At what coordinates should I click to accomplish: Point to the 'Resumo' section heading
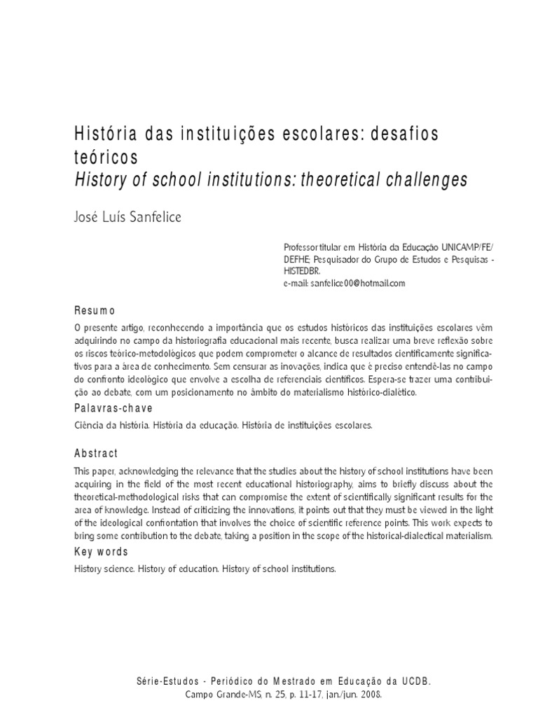pos(95,310)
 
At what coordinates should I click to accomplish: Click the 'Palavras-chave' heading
pos(113,408)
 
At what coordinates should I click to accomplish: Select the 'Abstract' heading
pos(96,453)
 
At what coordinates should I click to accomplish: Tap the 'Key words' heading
pos(101,552)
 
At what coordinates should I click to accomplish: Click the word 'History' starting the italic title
pos(98,180)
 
